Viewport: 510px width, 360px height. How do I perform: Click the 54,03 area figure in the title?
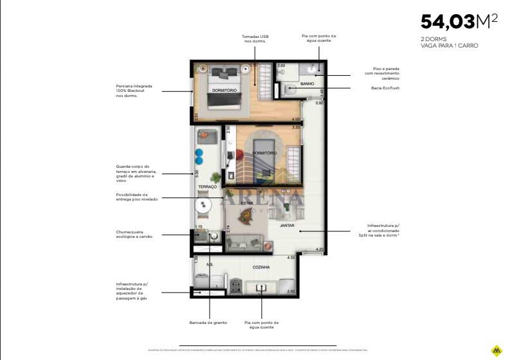pyautogui.click(x=448, y=22)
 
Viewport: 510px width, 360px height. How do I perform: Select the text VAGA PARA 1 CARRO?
pyautogui.click(x=450, y=46)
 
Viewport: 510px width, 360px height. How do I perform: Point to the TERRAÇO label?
pyautogui.click(x=207, y=186)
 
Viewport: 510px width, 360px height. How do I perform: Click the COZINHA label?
pyautogui.click(x=261, y=267)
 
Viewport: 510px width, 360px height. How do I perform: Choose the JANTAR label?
pyautogui.click(x=287, y=226)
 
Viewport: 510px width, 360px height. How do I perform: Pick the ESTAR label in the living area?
pyautogui.click(x=246, y=203)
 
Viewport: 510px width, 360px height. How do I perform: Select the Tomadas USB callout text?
pyautogui.click(x=255, y=39)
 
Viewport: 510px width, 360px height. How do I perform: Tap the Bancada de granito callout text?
pyautogui.click(x=205, y=323)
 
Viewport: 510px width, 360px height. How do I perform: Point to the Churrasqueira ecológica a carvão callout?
pyautogui.click(x=134, y=235)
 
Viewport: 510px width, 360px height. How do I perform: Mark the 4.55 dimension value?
pyautogui.click(x=296, y=119)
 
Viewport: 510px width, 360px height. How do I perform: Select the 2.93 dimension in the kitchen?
pyautogui.click(x=291, y=292)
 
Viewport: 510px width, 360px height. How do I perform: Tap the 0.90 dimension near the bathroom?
pyautogui.click(x=319, y=103)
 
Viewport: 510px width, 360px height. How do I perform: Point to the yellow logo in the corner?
pyautogui.click(x=495, y=350)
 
